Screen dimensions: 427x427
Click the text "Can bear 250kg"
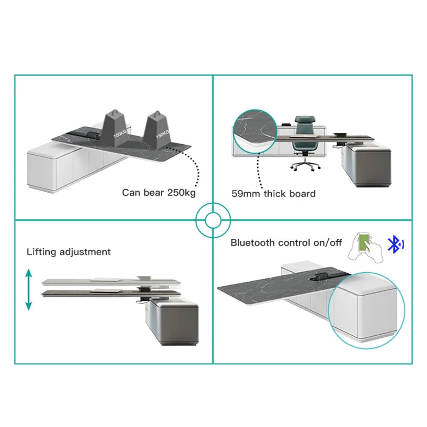pos(159,193)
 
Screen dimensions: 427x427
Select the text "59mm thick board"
pos(273,194)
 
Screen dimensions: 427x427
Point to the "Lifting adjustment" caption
pos(69,251)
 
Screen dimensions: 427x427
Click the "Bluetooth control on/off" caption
pos(286,243)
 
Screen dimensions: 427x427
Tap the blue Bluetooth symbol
pos(396,244)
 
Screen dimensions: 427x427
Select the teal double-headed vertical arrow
pos(29,290)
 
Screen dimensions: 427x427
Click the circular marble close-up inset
pos(255,131)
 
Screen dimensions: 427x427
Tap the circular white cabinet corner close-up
pos(367,311)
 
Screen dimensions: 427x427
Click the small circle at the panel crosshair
pos(213,220)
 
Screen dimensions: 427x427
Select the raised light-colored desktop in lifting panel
pos(111,282)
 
